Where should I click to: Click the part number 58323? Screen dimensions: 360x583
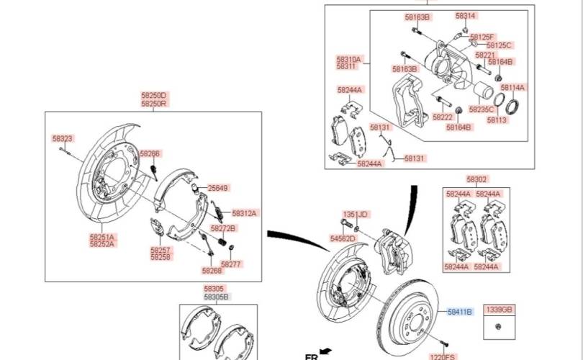click(x=63, y=138)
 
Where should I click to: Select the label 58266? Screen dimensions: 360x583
click(x=150, y=154)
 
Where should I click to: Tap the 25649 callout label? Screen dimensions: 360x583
click(x=217, y=189)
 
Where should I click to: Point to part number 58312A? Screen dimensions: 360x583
click(x=244, y=213)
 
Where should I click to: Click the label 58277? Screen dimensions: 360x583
click(x=231, y=264)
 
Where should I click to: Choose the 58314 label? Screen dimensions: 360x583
click(x=465, y=16)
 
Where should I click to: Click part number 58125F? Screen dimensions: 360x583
click(x=482, y=36)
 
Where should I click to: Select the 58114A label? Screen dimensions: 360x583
click(x=513, y=87)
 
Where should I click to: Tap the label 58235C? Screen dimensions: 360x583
click(x=482, y=109)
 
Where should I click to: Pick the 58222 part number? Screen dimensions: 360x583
click(x=443, y=117)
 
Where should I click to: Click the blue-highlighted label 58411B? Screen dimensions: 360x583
click(x=459, y=312)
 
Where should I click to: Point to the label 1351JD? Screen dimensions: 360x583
click(x=355, y=215)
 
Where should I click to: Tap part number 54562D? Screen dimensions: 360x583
click(x=343, y=238)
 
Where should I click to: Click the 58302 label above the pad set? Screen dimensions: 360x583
click(x=476, y=179)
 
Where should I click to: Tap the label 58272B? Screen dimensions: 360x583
click(x=223, y=229)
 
